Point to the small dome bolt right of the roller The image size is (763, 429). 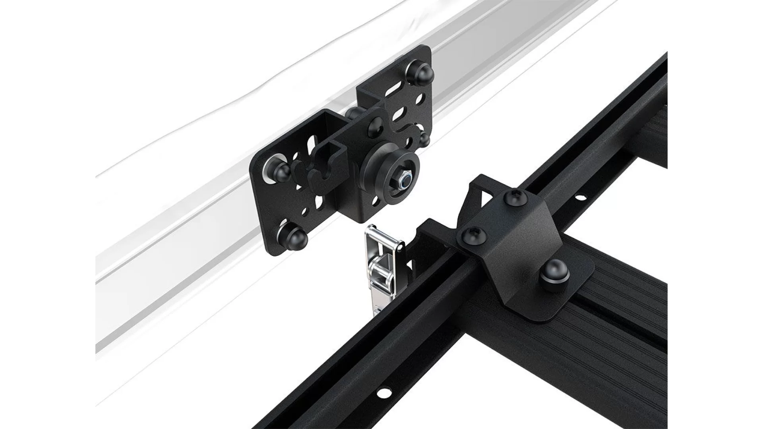pos(424,140)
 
